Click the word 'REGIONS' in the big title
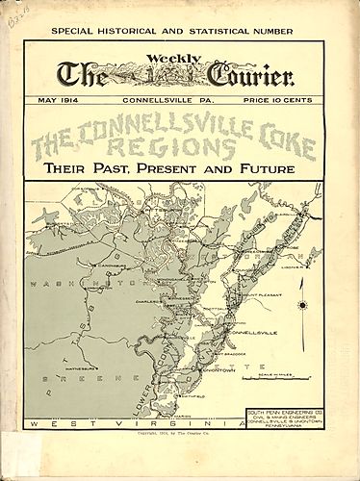pos(183,148)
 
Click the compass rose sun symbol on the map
pos(301,305)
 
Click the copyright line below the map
pos(180,436)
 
